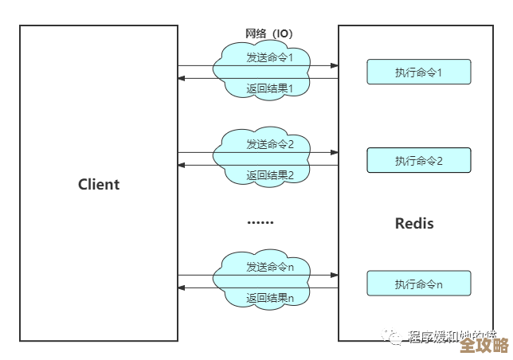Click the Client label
99,184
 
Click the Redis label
414,223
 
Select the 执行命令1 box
418,72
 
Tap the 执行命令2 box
418,160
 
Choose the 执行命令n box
418,284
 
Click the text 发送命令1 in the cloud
269,57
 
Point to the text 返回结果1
269,88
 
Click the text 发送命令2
269,144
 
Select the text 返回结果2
269,175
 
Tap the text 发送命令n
269,267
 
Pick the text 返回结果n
269,298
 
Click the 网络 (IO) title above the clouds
268,33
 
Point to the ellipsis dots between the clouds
260,223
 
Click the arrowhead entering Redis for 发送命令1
335,65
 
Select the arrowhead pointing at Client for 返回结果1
182,78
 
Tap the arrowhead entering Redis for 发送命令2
335,152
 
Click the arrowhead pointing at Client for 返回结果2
182,165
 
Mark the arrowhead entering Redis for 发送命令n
335,276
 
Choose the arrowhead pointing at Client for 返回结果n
182,288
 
